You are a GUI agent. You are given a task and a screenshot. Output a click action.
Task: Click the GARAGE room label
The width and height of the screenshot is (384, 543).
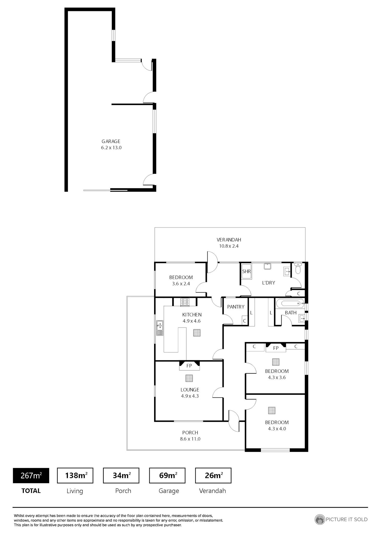click(x=111, y=141)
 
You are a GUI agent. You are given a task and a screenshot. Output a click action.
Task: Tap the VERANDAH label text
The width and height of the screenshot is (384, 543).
click(x=229, y=240)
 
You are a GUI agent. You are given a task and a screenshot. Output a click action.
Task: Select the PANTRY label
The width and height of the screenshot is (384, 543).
click(x=236, y=307)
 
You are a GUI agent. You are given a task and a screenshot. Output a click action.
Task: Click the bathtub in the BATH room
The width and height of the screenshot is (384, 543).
click(x=290, y=304)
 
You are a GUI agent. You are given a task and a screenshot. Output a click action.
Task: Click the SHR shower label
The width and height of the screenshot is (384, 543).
click(x=247, y=271)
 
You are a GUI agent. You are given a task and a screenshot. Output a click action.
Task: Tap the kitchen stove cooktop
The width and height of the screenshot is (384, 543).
click(x=185, y=302)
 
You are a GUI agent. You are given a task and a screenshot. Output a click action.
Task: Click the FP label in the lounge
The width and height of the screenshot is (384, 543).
click(x=189, y=366)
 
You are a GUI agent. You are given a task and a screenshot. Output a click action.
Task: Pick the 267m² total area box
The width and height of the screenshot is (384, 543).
click(x=31, y=475)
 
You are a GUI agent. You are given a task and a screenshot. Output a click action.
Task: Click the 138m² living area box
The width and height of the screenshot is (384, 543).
click(x=75, y=475)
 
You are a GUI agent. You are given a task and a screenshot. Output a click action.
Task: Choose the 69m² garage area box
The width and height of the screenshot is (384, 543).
click(x=167, y=475)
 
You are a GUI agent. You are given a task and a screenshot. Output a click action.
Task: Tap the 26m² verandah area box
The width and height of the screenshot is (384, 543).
click(x=213, y=475)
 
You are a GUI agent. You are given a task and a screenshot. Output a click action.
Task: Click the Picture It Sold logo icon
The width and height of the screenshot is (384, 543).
click(x=319, y=519)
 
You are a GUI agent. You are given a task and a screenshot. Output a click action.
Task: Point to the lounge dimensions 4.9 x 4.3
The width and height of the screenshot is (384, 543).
click(x=190, y=396)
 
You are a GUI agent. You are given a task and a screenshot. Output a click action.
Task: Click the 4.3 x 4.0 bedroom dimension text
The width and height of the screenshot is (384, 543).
click(x=277, y=429)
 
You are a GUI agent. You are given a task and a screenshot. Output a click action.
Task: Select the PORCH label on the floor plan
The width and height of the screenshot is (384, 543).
click(x=190, y=432)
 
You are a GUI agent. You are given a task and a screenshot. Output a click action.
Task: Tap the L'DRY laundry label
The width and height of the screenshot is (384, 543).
click(x=269, y=283)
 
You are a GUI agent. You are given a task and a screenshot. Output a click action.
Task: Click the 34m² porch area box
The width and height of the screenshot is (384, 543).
click(x=121, y=475)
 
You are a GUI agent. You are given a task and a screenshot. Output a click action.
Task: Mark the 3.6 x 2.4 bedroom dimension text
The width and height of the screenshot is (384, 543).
click(x=181, y=284)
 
